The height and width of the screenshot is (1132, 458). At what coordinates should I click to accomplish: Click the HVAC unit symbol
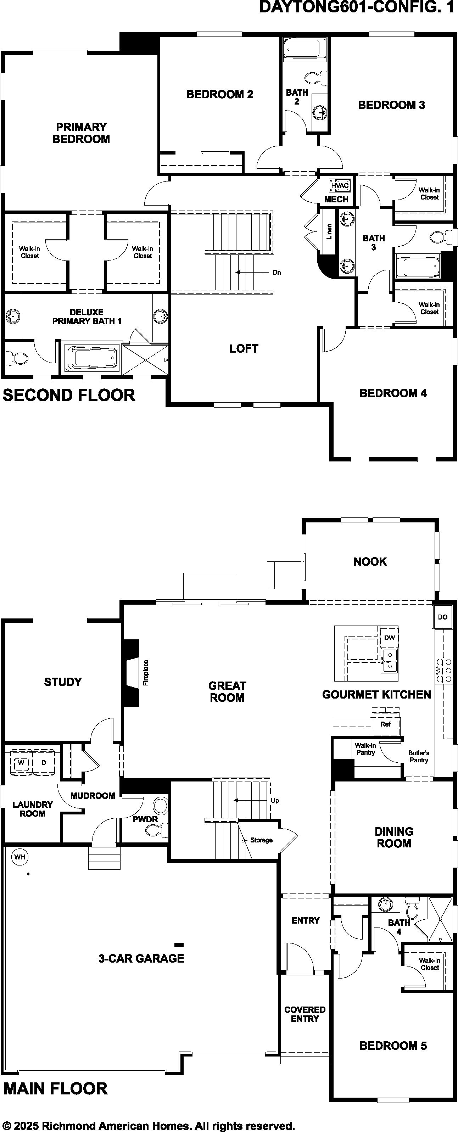click(340, 185)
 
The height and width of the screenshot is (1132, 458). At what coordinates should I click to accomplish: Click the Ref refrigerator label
click(385, 724)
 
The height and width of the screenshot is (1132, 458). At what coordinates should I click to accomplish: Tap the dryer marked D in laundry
click(44, 762)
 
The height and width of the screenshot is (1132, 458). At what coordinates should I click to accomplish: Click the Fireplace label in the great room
click(145, 672)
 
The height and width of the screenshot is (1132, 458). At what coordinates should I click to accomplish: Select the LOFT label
click(244, 348)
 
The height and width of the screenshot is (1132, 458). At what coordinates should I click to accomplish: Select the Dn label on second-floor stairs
click(277, 273)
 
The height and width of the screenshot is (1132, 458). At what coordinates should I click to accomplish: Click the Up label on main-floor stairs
click(275, 800)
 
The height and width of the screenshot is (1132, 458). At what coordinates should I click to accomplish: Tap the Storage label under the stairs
click(262, 840)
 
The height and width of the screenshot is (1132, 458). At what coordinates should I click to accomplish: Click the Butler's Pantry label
click(419, 756)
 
